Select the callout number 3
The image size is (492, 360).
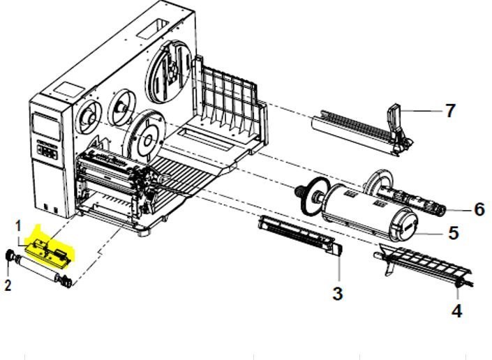pyautogui.click(x=337, y=294)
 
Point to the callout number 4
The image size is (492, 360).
pyautogui.click(x=456, y=310)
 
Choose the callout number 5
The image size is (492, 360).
pyautogui.click(x=454, y=233)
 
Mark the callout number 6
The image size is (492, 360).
pyautogui.click(x=479, y=209)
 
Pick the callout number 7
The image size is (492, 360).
pyautogui.click(x=450, y=110)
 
